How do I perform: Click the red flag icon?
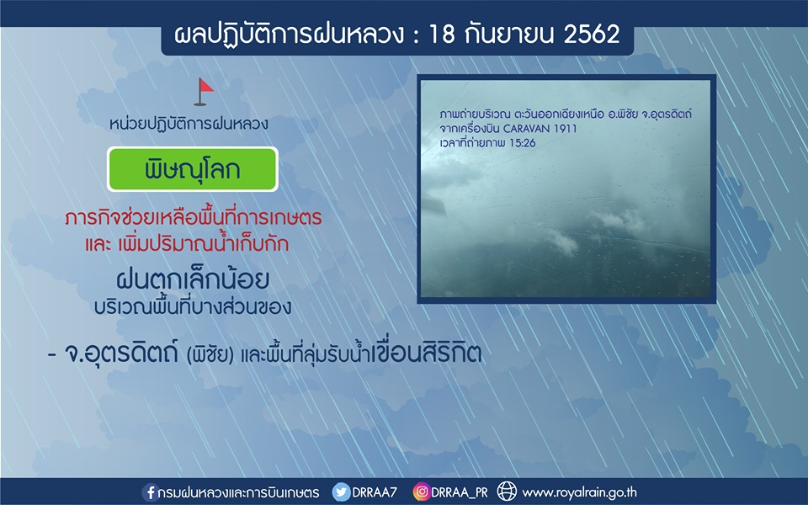[x=204, y=92]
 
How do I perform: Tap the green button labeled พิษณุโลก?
[x=192, y=169]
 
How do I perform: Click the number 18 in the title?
[x=442, y=34]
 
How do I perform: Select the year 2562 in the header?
[x=592, y=34]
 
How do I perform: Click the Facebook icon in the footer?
[x=150, y=492]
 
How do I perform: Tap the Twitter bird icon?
[x=341, y=492]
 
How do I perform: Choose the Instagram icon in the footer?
[x=421, y=492]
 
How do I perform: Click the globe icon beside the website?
[x=507, y=492]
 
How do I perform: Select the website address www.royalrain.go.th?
[x=579, y=492]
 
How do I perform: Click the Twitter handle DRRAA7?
[x=375, y=492]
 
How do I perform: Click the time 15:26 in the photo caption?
[x=523, y=143]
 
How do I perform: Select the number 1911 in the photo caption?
[x=566, y=128]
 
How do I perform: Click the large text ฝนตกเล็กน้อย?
[x=193, y=279]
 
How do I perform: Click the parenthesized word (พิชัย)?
[x=210, y=355]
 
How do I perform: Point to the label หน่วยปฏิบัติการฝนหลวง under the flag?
[x=189, y=124]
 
